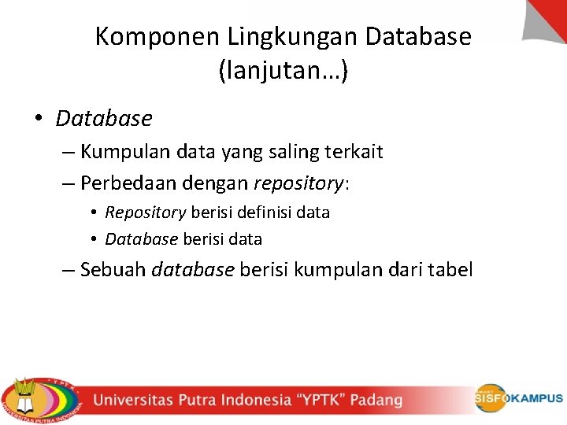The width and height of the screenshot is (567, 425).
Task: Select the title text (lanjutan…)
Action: [x=283, y=72]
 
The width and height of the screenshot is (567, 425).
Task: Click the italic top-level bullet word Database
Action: [x=104, y=119]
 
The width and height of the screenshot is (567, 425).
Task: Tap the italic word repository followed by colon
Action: [x=298, y=184]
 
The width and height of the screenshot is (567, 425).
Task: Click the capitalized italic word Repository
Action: [x=146, y=213]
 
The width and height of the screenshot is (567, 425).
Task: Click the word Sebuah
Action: [x=113, y=270]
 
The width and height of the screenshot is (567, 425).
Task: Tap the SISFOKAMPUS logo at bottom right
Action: [x=517, y=398]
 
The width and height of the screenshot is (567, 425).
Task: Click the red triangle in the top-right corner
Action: [x=548, y=17]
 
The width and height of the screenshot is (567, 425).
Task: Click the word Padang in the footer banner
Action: [x=376, y=400]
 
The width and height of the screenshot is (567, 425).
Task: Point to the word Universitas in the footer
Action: [x=137, y=400]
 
